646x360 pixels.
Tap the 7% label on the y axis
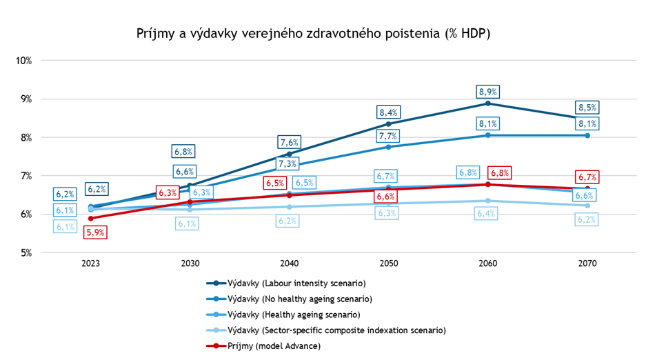click(26, 176)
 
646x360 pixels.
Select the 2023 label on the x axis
click(90, 263)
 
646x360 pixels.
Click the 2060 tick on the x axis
click(488, 263)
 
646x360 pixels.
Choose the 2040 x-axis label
click(289, 263)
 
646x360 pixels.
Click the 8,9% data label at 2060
click(488, 92)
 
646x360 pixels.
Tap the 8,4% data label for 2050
click(389, 112)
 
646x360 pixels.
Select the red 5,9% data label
click(96, 232)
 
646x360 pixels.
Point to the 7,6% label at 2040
click(289, 143)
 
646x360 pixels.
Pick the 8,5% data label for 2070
click(587, 108)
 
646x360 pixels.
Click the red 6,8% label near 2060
click(499, 172)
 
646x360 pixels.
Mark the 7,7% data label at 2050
click(389, 136)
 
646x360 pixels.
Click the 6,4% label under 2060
click(488, 213)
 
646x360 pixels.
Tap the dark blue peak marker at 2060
click(488, 103)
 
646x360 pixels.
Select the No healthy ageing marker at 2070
click(587, 135)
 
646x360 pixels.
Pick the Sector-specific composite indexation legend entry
click(327, 331)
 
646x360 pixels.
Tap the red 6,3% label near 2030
click(168, 192)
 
